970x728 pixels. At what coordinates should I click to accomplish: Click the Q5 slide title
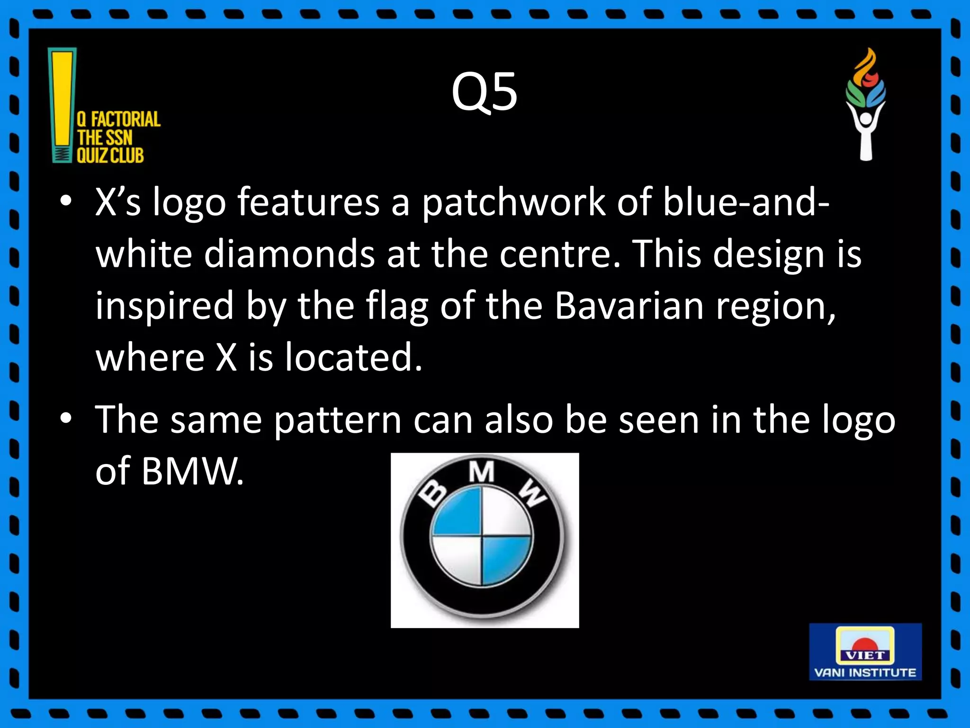pyautogui.click(x=484, y=92)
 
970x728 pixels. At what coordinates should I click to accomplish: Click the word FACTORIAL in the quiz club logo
pyautogui.click(x=126, y=119)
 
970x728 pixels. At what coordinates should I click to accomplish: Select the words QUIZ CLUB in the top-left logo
pyautogui.click(x=110, y=155)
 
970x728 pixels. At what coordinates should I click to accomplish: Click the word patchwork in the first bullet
pyautogui.click(x=513, y=203)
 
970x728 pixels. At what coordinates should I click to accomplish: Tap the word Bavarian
pyautogui.click(x=629, y=306)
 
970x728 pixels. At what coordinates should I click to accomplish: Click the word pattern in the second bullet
pyautogui.click(x=338, y=420)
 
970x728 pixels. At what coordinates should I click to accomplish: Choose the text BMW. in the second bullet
pyautogui.click(x=193, y=472)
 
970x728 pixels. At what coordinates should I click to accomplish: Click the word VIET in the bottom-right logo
pyautogui.click(x=865, y=655)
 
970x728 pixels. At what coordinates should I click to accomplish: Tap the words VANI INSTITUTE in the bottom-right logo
pyautogui.click(x=865, y=673)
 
